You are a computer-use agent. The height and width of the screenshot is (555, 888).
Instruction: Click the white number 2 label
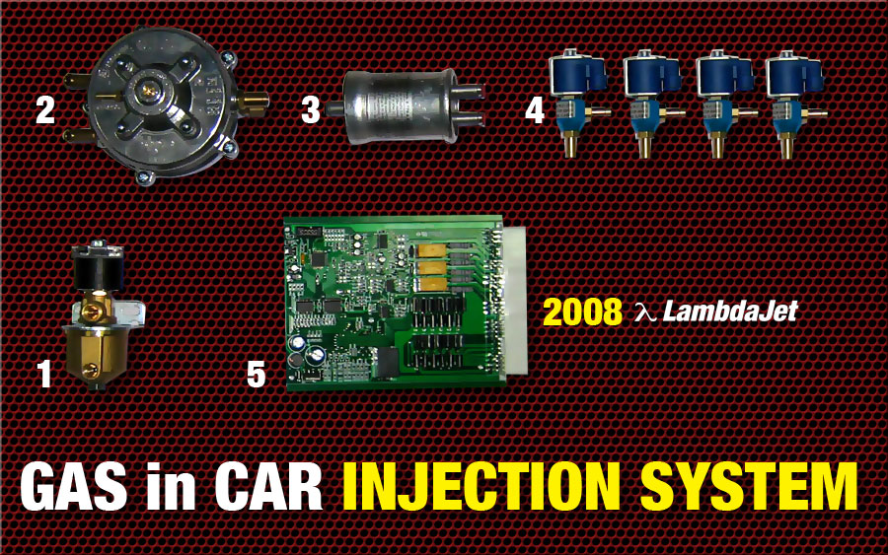click(45, 109)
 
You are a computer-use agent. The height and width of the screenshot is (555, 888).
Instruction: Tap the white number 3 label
click(311, 109)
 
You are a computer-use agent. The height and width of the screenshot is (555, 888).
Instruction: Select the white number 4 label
click(535, 109)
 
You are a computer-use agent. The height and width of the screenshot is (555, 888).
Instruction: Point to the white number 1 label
click(44, 374)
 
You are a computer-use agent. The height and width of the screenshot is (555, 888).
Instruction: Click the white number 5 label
click(256, 374)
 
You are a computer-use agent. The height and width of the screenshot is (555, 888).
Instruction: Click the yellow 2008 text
click(582, 312)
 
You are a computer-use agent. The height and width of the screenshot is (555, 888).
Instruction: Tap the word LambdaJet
click(730, 312)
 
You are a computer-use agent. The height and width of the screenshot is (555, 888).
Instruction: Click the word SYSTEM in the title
click(749, 487)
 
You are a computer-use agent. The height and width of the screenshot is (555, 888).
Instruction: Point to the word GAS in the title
click(74, 487)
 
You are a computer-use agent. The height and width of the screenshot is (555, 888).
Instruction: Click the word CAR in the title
click(268, 487)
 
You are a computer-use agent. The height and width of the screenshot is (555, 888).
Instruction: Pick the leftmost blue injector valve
click(577, 102)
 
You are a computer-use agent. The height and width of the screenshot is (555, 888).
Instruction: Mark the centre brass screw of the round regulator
click(150, 91)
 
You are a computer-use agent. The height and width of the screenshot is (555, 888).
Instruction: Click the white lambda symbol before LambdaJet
click(645, 312)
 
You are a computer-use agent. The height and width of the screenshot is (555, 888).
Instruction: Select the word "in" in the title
click(171, 487)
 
